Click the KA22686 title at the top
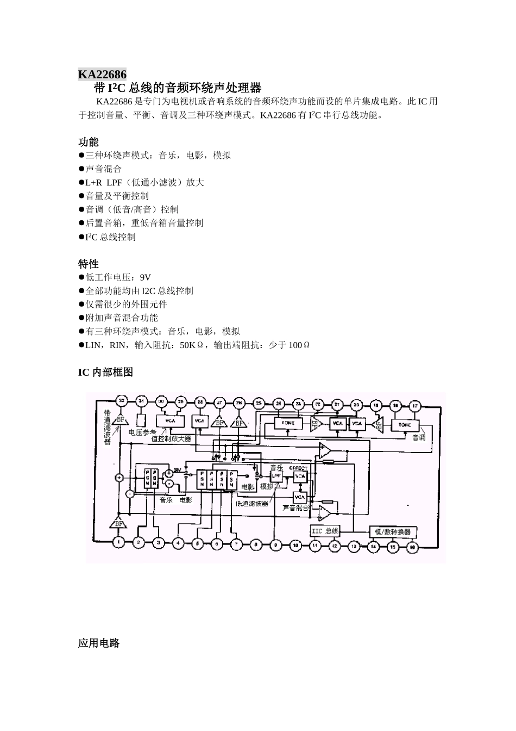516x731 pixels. pos(102,75)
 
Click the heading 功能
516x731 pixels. pos(89,142)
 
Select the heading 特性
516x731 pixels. pos(89,264)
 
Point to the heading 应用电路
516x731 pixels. pos(99,643)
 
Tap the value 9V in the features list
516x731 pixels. pos(145,277)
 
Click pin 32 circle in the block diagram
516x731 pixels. pos(121,401)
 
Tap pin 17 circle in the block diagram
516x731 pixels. pos(416,405)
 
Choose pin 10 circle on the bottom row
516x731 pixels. pos(295,544)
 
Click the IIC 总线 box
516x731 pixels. pos(325,531)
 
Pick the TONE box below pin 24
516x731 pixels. pos(285,423)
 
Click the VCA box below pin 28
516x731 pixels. pos(200,421)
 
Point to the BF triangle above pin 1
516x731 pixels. pos(118,524)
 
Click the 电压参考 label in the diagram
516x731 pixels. pos(142,432)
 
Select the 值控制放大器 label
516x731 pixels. pos(171,438)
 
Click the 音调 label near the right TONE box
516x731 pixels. pos(419,436)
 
